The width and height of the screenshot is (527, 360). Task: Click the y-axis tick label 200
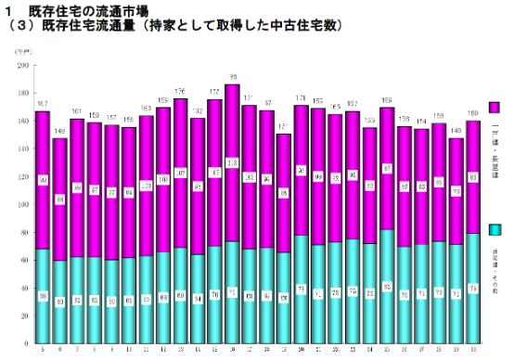click(20, 66)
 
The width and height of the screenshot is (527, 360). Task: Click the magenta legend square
click(495, 109)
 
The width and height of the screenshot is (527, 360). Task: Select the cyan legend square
click(495, 228)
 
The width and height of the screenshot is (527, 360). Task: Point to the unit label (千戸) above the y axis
click(22, 57)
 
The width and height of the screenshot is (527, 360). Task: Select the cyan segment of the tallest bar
click(231, 278)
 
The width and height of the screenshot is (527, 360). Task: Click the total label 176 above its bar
click(180, 91)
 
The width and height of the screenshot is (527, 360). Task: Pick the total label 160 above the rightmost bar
click(472, 114)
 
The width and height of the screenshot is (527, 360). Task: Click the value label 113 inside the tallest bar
click(231, 161)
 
